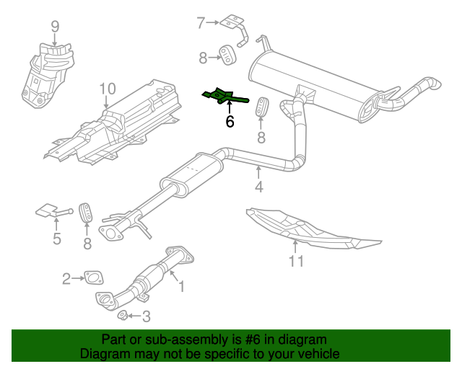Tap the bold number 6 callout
pos(230,122)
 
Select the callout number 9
pos(55,27)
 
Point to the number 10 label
pos(107,89)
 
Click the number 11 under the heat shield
pos(297,261)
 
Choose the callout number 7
pos(201,23)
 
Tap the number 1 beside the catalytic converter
pos(181,287)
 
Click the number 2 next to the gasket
pos(66,278)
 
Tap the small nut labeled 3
pos(123,315)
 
